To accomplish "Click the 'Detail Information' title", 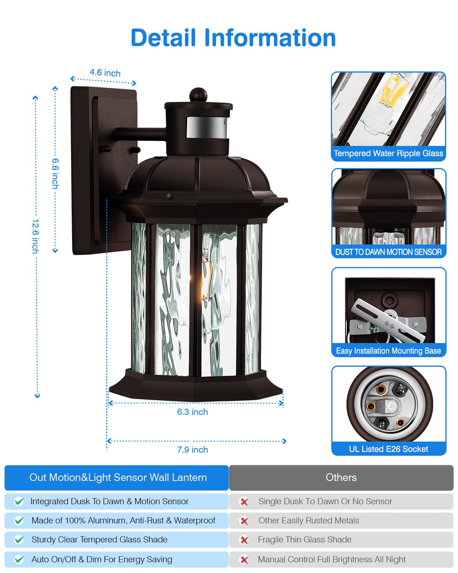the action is pos(233,38).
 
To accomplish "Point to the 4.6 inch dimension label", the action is pos(105,73).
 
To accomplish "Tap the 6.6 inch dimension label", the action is pos(55,173).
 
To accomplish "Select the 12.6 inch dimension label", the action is pos(35,236).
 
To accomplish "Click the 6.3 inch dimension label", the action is pos(192,412).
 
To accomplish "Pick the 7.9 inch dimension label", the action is pos(192,450).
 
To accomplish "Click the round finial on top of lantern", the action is pos(198,95).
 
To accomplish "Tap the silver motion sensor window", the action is pos(207,127).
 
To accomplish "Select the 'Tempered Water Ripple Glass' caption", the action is pos(388,153).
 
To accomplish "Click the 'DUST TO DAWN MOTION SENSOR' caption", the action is pos(388,252).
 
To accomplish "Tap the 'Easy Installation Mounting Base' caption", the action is pos(389,351).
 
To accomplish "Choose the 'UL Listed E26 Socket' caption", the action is pos(389,449).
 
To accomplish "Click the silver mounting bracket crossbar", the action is pos(388,320).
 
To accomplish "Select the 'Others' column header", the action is pos(341,477).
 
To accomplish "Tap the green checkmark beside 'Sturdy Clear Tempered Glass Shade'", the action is pos(19,540).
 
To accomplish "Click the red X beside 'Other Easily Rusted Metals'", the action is pos(244,521).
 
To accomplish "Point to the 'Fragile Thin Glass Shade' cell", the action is pos(341,540).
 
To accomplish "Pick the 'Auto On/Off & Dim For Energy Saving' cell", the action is pos(116,559).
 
